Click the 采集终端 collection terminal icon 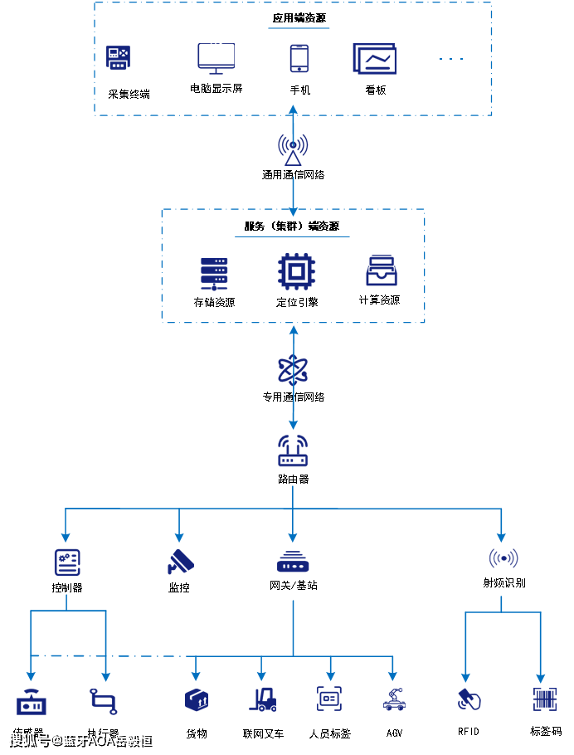(x=119, y=58)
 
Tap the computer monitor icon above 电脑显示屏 (x=216, y=58)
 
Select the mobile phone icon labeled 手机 (x=299, y=59)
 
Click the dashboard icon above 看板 (x=375, y=59)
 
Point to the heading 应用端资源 (x=299, y=18)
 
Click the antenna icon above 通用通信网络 (x=293, y=149)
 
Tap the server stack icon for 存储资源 (x=214, y=273)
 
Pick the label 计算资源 (x=379, y=300)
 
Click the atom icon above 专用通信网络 (x=293, y=369)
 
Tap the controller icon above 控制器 (x=66, y=562)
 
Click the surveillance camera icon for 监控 (x=180, y=562)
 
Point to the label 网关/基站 (x=293, y=585)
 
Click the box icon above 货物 (x=197, y=699)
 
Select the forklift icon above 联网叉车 (x=263, y=699)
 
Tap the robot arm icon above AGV (x=394, y=699)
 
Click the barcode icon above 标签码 (x=544, y=699)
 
